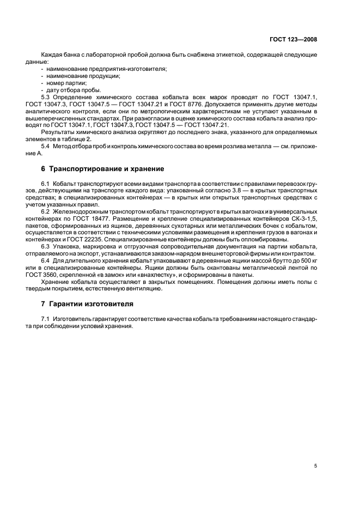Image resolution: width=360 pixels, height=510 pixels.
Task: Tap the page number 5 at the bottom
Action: pos(316,466)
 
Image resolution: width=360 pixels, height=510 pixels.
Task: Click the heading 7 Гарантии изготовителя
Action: pos(83,303)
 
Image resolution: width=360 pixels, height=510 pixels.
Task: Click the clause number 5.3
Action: pos(46,96)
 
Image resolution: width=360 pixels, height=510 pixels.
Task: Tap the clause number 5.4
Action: pos(46,146)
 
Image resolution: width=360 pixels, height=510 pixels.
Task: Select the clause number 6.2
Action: pos(46,210)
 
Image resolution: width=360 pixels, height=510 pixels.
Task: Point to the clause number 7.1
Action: pos(46,318)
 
